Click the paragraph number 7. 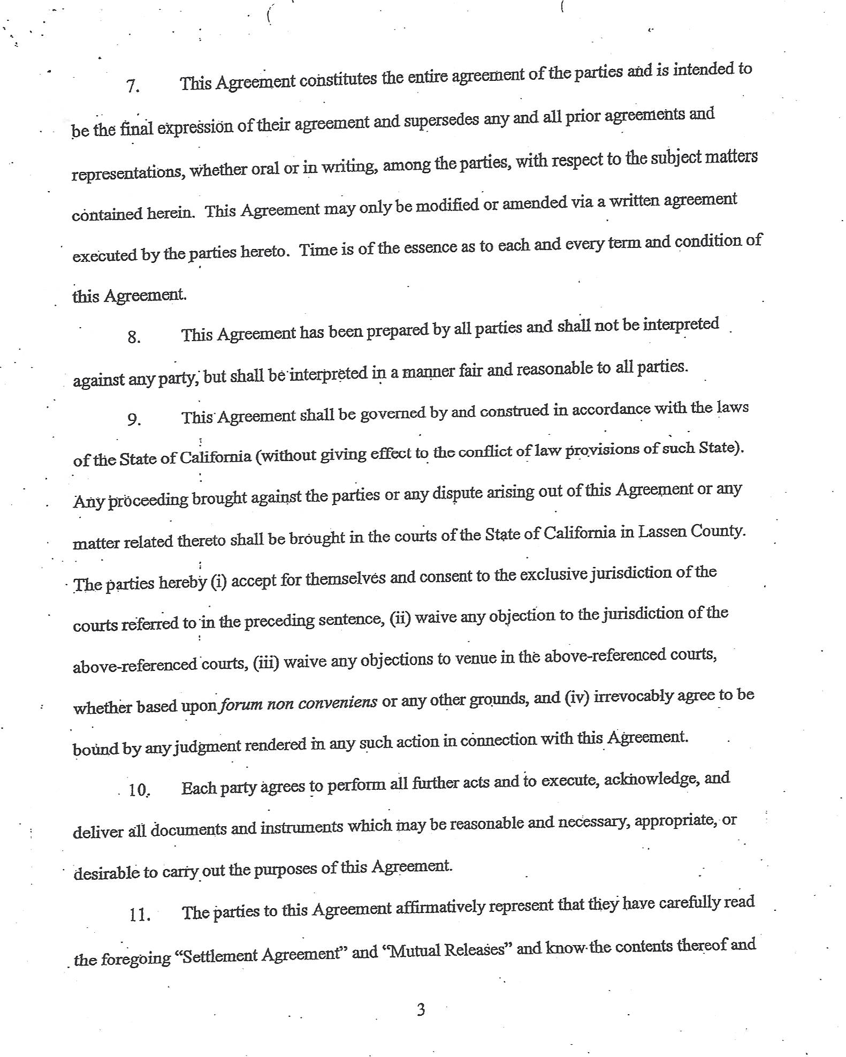point(133,87)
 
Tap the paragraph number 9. point(134,420)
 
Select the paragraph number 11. point(139,915)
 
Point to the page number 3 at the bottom point(421,1010)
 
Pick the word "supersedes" point(441,119)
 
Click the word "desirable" point(106,873)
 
